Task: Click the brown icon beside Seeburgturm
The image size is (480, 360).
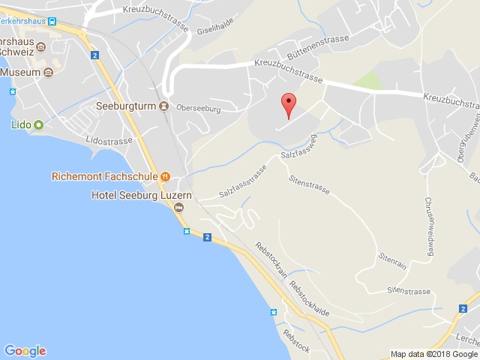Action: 163,106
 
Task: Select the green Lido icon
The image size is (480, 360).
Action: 38,125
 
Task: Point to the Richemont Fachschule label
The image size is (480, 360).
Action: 104,177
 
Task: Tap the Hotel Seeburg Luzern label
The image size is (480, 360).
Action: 142,195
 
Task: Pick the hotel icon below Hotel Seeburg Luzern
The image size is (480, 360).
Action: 178,208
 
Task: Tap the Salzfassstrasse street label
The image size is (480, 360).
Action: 243,182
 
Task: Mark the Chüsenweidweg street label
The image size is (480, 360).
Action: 430,227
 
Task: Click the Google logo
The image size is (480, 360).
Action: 25,350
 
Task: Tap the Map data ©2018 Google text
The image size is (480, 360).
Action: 433,354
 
